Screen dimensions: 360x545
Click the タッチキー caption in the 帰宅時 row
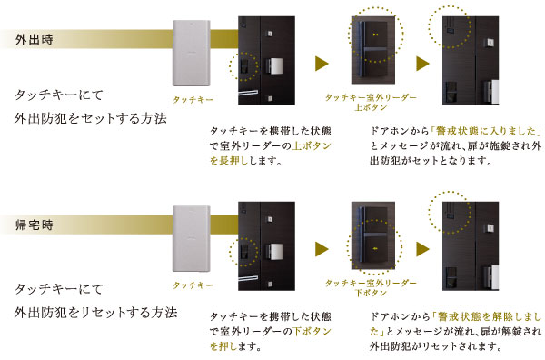(193, 285)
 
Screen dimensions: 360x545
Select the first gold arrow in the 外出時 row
(321, 64)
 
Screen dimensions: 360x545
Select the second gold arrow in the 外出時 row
(421, 64)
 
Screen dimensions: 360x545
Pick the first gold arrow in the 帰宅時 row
(321, 248)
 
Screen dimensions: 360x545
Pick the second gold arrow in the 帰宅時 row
(421, 248)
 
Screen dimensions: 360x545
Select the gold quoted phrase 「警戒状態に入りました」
(487, 129)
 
